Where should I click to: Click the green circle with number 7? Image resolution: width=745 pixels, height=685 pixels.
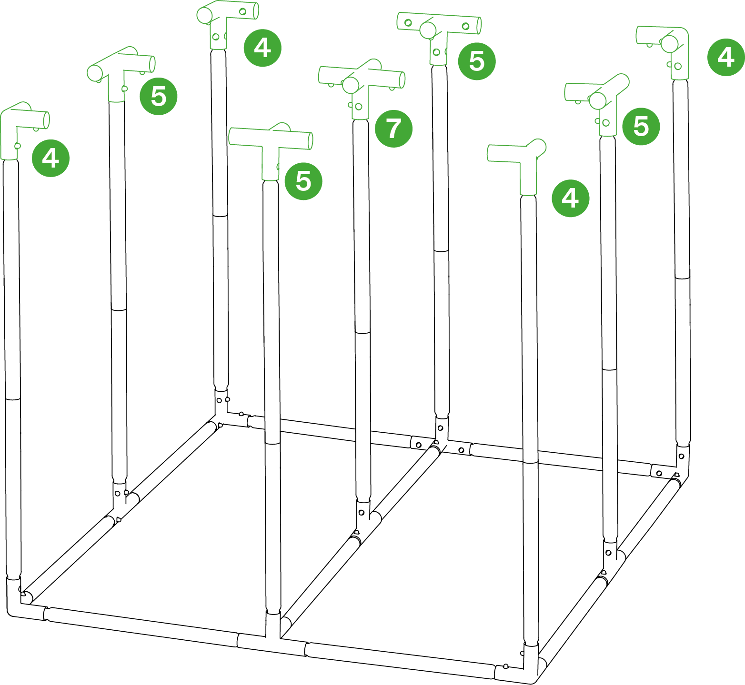coord(393,129)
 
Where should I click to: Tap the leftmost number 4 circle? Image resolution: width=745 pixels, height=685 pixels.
coord(50,158)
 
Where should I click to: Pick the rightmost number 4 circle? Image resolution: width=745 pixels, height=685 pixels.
coord(725,57)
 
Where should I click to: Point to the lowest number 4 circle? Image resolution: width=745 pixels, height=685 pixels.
coord(570,199)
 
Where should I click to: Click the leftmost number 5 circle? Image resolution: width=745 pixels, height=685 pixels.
coord(158,97)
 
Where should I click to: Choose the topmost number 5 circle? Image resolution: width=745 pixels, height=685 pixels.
coord(476,61)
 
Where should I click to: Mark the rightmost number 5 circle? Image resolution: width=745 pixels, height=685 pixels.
coord(641,126)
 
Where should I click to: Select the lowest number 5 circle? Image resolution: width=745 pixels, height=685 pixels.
coord(303,181)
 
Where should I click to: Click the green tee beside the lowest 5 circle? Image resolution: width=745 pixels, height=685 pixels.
coord(271,151)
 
